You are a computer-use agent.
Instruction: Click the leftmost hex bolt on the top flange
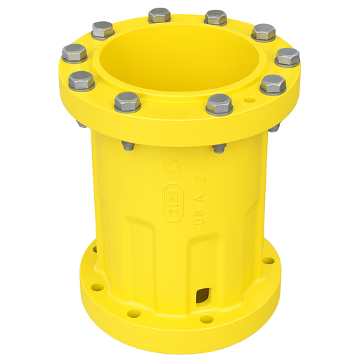pyautogui.click(x=74, y=51)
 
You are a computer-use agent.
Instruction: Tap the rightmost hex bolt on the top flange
pyautogui.click(x=288, y=57)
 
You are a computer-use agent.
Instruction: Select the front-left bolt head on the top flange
pyautogui.click(x=127, y=102)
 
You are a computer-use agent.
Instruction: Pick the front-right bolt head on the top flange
pyautogui.click(x=219, y=104)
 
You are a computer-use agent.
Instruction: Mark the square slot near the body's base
pyautogui.click(x=204, y=294)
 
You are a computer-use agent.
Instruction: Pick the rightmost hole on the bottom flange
pyautogui.click(x=268, y=261)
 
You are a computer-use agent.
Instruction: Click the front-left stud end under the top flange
pyautogui.click(x=129, y=146)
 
